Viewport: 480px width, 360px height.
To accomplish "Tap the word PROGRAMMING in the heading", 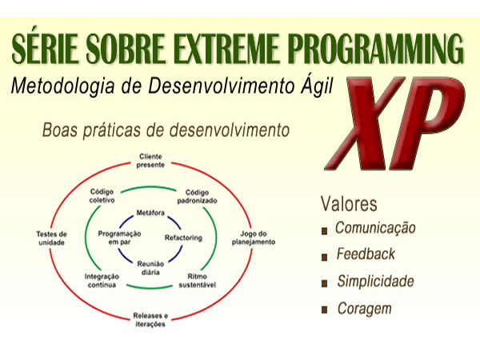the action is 376,48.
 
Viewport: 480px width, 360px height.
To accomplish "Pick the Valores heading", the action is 349,203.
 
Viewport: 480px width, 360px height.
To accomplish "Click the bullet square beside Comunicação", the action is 325,231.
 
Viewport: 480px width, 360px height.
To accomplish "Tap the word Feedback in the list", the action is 366,254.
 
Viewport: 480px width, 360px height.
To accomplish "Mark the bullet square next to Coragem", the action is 325,310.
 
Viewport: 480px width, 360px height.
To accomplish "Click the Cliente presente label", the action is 150,161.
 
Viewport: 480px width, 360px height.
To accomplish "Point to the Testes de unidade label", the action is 51,238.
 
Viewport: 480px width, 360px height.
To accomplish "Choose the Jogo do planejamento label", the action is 253,238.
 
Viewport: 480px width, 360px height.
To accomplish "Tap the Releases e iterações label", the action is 150,320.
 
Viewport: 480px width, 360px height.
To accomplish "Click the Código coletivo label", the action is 102,196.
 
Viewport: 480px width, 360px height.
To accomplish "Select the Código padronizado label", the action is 197,197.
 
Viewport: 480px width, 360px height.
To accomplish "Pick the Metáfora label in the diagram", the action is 150,213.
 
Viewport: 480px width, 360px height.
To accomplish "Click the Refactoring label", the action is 183,238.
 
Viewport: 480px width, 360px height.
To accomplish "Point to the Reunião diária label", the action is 150,268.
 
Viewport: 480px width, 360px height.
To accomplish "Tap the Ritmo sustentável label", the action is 197,281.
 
